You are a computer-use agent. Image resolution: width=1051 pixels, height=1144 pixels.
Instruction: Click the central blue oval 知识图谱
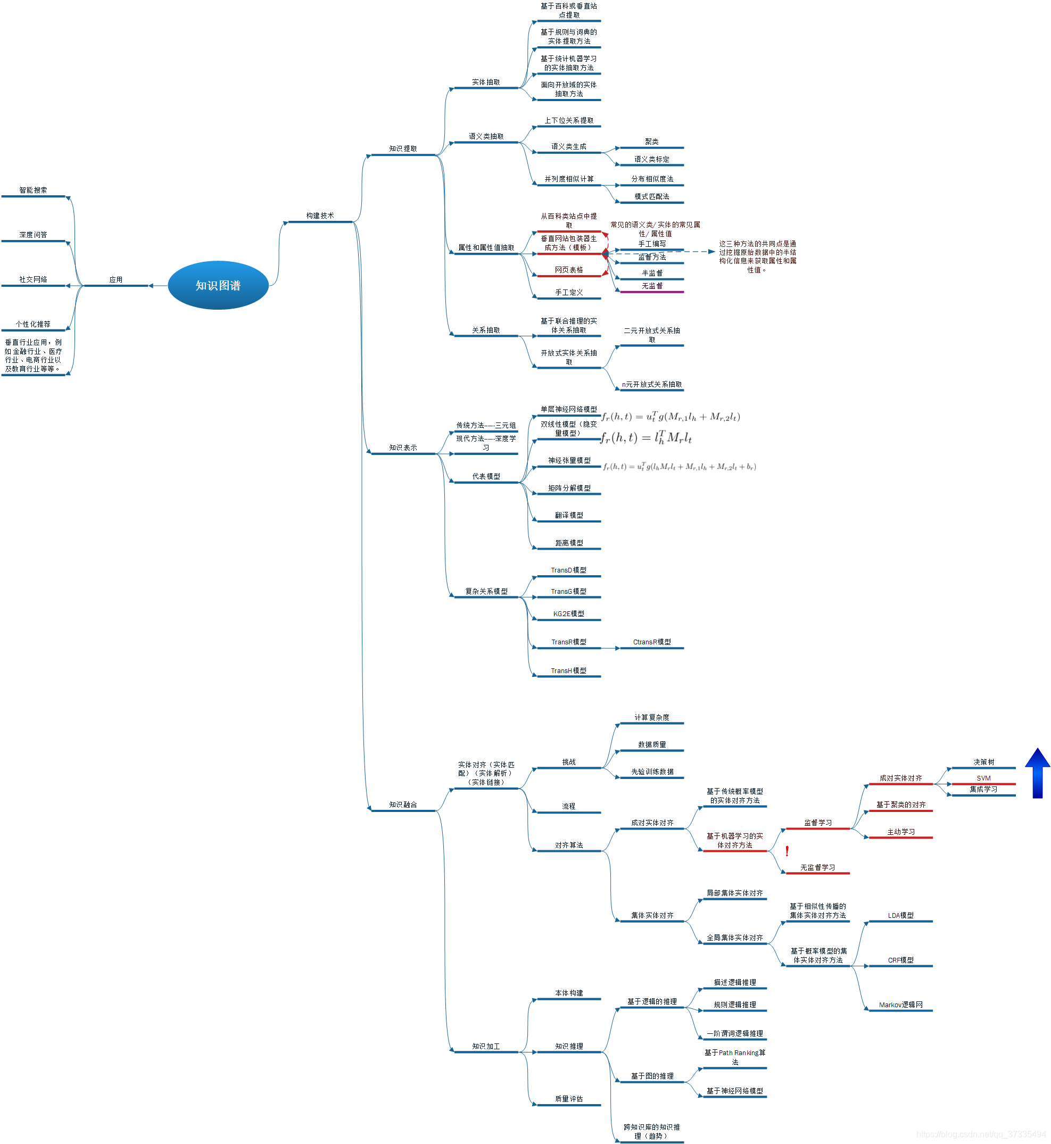coord(218,285)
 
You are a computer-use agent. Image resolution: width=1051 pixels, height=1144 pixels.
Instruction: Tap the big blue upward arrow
coord(1037,773)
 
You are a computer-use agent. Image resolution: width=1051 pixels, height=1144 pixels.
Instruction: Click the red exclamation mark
coord(787,851)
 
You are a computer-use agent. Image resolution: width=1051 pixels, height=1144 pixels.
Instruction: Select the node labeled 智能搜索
coord(33,190)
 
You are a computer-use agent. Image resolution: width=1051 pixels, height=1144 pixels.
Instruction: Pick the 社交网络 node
coord(33,280)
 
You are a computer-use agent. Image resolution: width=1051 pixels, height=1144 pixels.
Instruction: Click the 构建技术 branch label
coord(320,216)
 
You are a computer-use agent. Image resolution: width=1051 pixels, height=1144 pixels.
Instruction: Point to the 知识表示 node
coord(403,448)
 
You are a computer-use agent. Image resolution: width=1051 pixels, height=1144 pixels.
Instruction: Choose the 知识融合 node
coord(403,805)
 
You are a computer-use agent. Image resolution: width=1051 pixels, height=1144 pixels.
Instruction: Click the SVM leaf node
coord(983,778)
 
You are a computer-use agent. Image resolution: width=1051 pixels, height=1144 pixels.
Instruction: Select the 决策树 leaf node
coord(983,762)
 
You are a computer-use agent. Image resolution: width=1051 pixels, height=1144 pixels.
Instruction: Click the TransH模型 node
coord(568,671)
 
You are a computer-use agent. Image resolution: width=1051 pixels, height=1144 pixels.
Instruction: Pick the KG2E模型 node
coord(568,614)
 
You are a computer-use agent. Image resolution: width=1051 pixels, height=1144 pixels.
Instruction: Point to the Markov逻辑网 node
coord(900,1005)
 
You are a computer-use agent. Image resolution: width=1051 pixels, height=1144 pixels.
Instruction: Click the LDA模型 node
coord(900,915)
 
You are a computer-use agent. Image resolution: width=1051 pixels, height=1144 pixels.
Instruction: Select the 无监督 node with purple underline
coord(652,286)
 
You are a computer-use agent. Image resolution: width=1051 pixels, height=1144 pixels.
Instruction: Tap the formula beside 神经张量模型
coord(679,467)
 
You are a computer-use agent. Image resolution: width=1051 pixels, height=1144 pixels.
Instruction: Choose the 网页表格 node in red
coord(568,270)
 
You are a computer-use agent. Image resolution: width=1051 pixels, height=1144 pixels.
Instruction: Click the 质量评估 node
coord(568,1099)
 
